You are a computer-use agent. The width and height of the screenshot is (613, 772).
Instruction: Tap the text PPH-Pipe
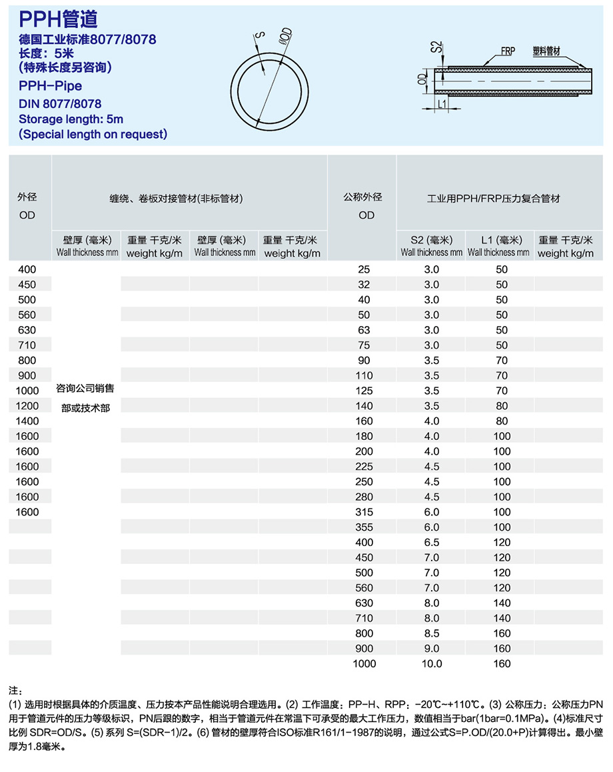tap(50, 86)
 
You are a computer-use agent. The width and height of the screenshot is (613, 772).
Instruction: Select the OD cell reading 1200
tap(27, 405)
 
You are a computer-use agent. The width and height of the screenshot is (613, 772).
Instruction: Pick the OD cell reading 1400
tap(27, 421)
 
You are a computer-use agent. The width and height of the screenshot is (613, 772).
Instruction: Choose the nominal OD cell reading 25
tap(364, 269)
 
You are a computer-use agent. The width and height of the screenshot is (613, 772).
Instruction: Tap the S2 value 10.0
tap(431, 663)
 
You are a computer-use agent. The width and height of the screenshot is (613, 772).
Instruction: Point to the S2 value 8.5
tap(431, 633)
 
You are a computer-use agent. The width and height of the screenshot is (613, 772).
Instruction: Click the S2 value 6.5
tap(431, 543)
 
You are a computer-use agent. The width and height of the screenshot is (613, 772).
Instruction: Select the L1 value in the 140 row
tap(501, 405)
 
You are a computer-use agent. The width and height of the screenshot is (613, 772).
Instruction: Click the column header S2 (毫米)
tap(431, 240)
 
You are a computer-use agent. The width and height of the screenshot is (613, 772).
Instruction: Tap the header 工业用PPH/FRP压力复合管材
tap(494, 199)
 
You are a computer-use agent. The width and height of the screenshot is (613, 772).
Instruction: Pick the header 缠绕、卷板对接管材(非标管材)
tap(176, 199)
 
